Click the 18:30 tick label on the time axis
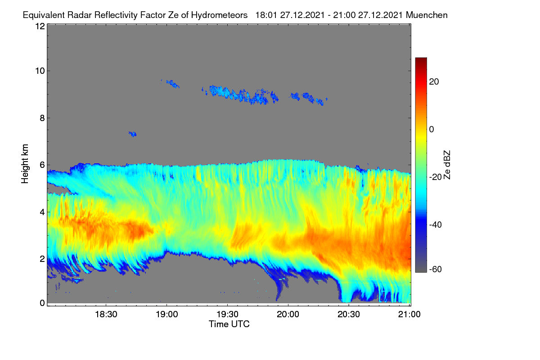106,314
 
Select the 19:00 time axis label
167,314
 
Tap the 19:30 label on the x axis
227,314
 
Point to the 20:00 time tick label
288,314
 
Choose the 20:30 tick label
349,314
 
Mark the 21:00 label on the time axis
409,314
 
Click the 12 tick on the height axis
40,26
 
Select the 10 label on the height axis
40,71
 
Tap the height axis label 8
42,118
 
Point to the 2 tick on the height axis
42,259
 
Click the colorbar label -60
436,270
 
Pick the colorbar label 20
434,82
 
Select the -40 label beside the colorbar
436,225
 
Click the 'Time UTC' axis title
229,324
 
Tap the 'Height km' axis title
25,164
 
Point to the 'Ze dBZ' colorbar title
447,165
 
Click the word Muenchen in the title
427,15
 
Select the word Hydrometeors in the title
220,15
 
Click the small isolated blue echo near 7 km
133,134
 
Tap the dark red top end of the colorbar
421,59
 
